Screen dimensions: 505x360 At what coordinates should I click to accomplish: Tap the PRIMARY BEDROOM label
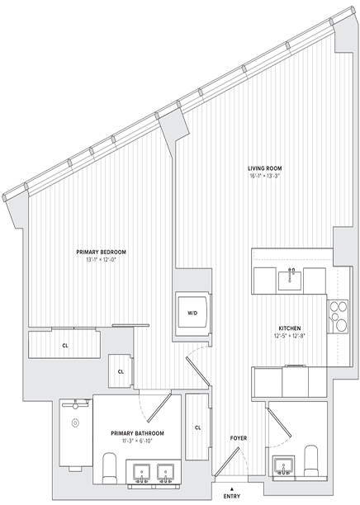pyautogui.click(x=101, y=252)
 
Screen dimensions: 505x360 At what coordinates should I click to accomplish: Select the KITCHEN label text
pyautogui.click(x=289, y=327)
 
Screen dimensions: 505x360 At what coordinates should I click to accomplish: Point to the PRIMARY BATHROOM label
pyautogui.click(x=138, y=433)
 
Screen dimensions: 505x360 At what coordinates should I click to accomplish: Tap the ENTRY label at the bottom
pyautogui.click(x=232, y=497)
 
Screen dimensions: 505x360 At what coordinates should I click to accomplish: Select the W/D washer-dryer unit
pyautogui.click(x=192, y=314)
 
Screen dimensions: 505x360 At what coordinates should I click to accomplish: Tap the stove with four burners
pyautogui.click(x=339, y=314)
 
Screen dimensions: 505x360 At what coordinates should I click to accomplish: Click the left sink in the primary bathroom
pyautogui.click(x=140, y=473)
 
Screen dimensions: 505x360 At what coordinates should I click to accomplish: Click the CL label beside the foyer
pyautogui.click(x=198, y=427)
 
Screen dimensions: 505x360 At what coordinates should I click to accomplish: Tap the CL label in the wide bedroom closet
pyautogui.click(x=64, y=345)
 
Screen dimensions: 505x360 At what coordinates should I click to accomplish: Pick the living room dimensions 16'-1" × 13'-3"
pyautogui.click(x=268, y=176)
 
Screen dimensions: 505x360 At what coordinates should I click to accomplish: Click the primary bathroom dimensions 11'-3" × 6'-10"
pyautogui.click(x=138, y=442)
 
